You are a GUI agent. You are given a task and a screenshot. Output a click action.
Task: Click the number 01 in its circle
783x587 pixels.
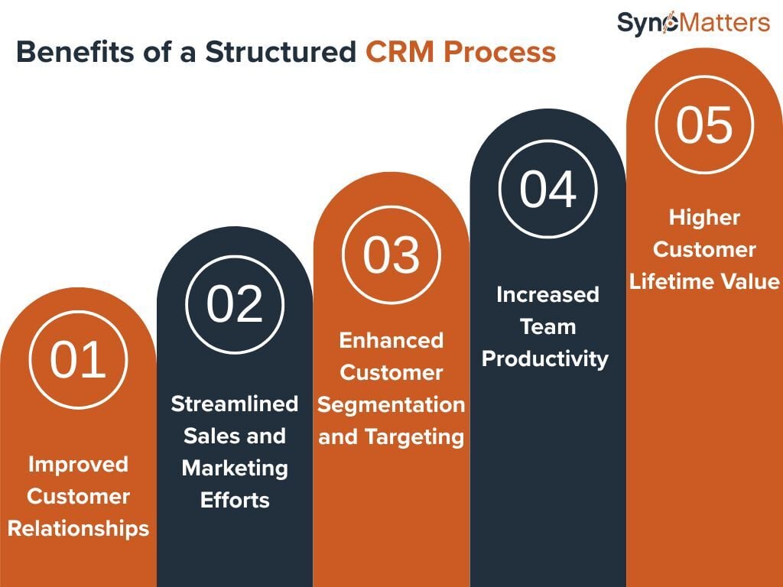click(77, 358)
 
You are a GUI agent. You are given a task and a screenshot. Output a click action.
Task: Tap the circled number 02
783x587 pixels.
click(235, 303)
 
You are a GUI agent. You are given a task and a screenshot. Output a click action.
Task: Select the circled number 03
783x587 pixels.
click(391, 255)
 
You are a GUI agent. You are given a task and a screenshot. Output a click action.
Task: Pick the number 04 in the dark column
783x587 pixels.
click(547, 189)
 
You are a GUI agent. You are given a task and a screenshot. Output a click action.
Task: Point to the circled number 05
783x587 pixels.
click(704, 124)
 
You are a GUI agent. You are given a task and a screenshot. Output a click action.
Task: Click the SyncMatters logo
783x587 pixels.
click(693, 23)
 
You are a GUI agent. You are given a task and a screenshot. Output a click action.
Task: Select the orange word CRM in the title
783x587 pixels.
click(401, 53)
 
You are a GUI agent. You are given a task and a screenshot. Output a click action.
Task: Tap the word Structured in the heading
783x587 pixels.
click(280, 53)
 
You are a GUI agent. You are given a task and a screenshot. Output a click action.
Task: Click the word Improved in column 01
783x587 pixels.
click(78, 464)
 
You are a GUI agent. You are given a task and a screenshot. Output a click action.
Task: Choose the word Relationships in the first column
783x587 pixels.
click(78, 528)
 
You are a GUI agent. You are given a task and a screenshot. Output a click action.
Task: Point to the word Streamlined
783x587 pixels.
click(234, 404)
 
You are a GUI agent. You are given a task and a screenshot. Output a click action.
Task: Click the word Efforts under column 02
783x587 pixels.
click(235, 500)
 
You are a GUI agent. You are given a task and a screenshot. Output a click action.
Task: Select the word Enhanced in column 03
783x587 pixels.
click(391, 340)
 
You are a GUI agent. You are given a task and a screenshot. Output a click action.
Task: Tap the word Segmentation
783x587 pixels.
click(391, 404)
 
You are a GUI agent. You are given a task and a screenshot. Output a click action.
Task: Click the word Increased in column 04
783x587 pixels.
click(547, 294)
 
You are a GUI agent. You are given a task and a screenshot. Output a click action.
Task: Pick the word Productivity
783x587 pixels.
click(545, 358)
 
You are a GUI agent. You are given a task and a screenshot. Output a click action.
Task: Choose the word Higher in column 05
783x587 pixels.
click(704, 217)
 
